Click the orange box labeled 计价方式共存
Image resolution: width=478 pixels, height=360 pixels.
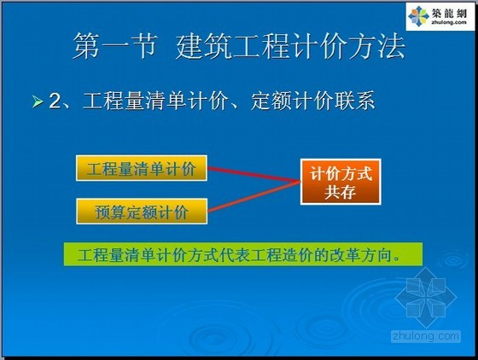click(341, 182)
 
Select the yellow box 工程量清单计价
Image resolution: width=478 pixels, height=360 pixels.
click(142, 168)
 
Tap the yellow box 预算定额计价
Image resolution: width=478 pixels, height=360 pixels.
click(142, 212)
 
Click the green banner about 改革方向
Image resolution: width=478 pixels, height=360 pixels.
click(243, 254)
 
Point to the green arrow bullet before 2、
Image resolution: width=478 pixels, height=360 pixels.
click(38, 102)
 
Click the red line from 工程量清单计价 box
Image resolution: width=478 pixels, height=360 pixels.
click(254, 175)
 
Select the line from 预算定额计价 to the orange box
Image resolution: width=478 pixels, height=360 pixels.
click(254, 196)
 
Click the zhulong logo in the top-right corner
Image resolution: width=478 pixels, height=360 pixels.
click(440, 16)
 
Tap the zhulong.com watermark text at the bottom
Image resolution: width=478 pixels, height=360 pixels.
click(426, 336)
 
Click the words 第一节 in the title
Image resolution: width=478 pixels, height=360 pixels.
click(115, 46)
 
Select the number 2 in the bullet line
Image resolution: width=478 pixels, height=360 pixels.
click(55, 101)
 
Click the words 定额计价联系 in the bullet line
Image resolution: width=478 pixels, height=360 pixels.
click(312, 101)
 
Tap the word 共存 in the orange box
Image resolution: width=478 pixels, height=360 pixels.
click(340, 192)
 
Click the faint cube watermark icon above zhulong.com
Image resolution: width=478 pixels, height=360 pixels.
click(426, 298)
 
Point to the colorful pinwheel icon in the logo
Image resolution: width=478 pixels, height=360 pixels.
click(418, 15)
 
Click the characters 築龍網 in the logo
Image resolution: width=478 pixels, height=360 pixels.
click(449, 13)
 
